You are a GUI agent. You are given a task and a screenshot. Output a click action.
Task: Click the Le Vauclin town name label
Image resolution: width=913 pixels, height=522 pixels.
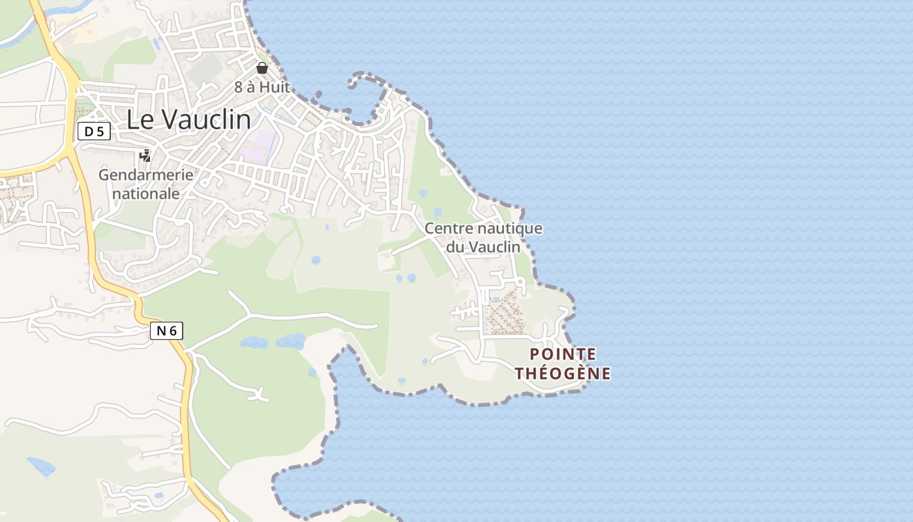click(x=188, y=119)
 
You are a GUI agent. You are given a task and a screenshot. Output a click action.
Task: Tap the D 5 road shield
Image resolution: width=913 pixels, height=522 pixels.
click(x=94, y=132)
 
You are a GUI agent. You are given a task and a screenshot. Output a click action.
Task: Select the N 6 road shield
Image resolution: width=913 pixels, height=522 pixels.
click(x=166, y=331)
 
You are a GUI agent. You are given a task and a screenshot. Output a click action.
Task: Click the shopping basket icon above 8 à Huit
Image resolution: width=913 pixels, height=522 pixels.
click(x=262, y=68)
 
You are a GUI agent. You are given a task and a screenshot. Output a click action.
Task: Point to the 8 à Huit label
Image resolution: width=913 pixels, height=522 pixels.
click(x=262, y=87)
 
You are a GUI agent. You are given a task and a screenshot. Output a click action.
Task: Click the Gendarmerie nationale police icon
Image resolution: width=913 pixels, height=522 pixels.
click(x=145, y=156)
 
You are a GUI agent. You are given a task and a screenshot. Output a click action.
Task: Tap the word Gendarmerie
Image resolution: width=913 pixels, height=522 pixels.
click(x=146, y=175)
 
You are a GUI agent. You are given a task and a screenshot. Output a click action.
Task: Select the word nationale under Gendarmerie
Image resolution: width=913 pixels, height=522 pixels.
click(x=146, y=194)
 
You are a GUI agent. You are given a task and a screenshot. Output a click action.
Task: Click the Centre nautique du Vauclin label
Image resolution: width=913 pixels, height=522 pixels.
click(x=483, y=238)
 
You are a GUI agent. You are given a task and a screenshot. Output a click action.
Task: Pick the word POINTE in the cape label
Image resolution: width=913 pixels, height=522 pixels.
click(x=563, y=354)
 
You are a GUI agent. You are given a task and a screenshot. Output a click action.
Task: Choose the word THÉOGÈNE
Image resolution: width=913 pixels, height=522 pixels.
click(x=563, y=374)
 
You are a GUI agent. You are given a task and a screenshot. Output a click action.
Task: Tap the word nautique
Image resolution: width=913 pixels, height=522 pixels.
click(x=510, y=229)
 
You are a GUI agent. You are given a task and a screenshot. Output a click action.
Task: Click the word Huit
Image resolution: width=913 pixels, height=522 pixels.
click(x=274, y=87)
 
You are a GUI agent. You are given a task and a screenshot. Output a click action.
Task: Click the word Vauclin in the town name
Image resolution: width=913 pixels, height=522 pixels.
click(x=206, y=119)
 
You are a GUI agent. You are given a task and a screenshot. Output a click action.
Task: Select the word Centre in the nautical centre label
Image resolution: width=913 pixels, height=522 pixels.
click(x=449, y=229)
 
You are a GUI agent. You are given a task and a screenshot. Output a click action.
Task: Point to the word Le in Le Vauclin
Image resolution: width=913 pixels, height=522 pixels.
click(x=140, y=119)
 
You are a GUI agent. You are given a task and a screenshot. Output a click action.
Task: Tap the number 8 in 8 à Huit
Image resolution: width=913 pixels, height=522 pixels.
click(x=239, y=87)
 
